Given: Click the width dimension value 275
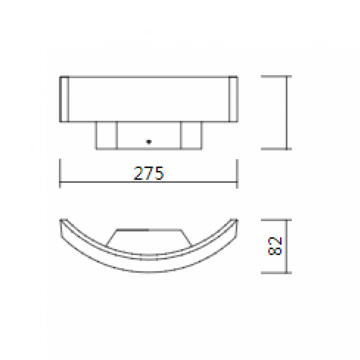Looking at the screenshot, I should click(149, 173).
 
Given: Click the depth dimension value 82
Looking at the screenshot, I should click(275, 246).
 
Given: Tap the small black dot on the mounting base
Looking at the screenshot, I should click(148, 141).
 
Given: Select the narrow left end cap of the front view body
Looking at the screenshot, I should click(64, 99).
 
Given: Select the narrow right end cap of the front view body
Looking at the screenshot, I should click(233, 99).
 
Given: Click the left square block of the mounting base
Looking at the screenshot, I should click(106, 135).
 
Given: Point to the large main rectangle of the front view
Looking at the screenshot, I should click(148, 99).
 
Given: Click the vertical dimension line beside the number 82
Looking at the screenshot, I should click(287, 246).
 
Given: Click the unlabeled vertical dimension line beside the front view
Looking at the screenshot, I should click(287, 112).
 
